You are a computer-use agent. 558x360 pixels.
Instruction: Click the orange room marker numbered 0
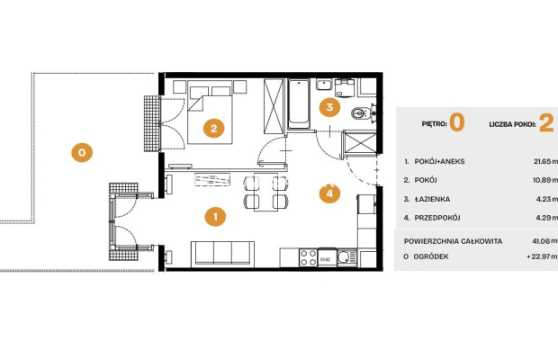coord(82,153)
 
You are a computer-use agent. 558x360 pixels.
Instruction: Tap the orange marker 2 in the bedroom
coord(213,128)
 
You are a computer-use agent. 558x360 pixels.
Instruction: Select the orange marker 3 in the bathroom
coord(329,107)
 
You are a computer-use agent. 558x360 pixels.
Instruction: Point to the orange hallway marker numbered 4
coord(329,193)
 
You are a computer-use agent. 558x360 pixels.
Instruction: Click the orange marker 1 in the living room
coord(215,216)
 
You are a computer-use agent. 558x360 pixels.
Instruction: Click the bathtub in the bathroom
coord(298,103)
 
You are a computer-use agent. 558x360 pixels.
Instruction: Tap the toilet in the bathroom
coord(361,113)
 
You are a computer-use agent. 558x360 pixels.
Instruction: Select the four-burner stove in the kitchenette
coord(308,257)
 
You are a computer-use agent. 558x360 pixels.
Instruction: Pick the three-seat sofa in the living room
coord(222,254)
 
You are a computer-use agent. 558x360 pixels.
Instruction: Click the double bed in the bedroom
coord(210,115)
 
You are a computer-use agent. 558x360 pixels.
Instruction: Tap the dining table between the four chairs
coord(265,192)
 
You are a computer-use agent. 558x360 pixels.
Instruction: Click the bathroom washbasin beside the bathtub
coord(324,85)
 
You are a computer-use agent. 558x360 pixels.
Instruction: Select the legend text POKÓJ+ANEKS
coord(439,161)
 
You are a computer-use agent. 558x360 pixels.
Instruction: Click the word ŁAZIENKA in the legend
coord(432,199)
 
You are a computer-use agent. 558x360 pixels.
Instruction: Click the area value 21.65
coord(543,161)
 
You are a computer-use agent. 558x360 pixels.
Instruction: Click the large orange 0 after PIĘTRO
coord(457,122)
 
